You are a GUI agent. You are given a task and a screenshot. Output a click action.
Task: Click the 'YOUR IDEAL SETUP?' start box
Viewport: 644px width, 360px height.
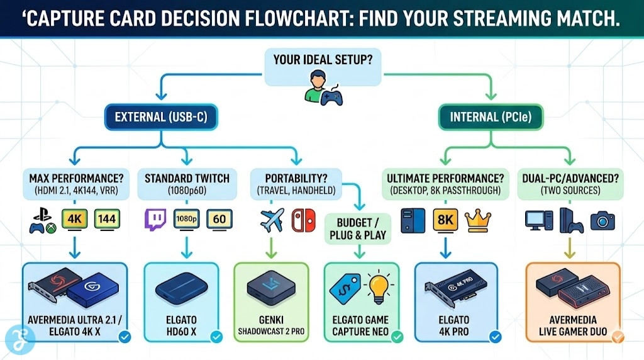pyautogui.click(x=321, y=62)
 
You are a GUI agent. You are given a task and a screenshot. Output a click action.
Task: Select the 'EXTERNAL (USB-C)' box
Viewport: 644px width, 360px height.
pyautogui.click(x=155, y=116)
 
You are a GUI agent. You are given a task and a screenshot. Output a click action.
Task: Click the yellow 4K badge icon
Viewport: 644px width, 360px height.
pyautogui.click(x=74, y=220)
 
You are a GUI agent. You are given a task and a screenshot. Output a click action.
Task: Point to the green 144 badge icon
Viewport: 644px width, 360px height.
pyautogui.click(x=107, y=220)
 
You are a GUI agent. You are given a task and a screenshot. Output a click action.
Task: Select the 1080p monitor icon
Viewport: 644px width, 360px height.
pyautogui.click(x=186, y=220)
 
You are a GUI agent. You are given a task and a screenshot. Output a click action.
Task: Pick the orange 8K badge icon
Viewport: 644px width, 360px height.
pyautogui.click(x=445, y=220)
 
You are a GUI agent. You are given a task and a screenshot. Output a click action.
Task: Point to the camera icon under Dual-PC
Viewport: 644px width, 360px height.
pyautogui.click(x=602, y=220)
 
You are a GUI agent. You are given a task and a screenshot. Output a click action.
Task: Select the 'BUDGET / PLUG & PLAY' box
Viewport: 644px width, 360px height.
pyautogui.click(x=359, y=230)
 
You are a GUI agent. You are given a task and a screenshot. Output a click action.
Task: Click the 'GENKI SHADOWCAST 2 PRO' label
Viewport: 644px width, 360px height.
pyautogui.click(x=271, y=326)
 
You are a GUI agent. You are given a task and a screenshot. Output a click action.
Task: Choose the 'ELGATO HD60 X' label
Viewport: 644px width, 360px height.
pyautogui.click(x=182, y=326)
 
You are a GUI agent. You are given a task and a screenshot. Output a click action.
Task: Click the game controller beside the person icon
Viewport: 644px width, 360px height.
pyautogui.click(x=331, y=96)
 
